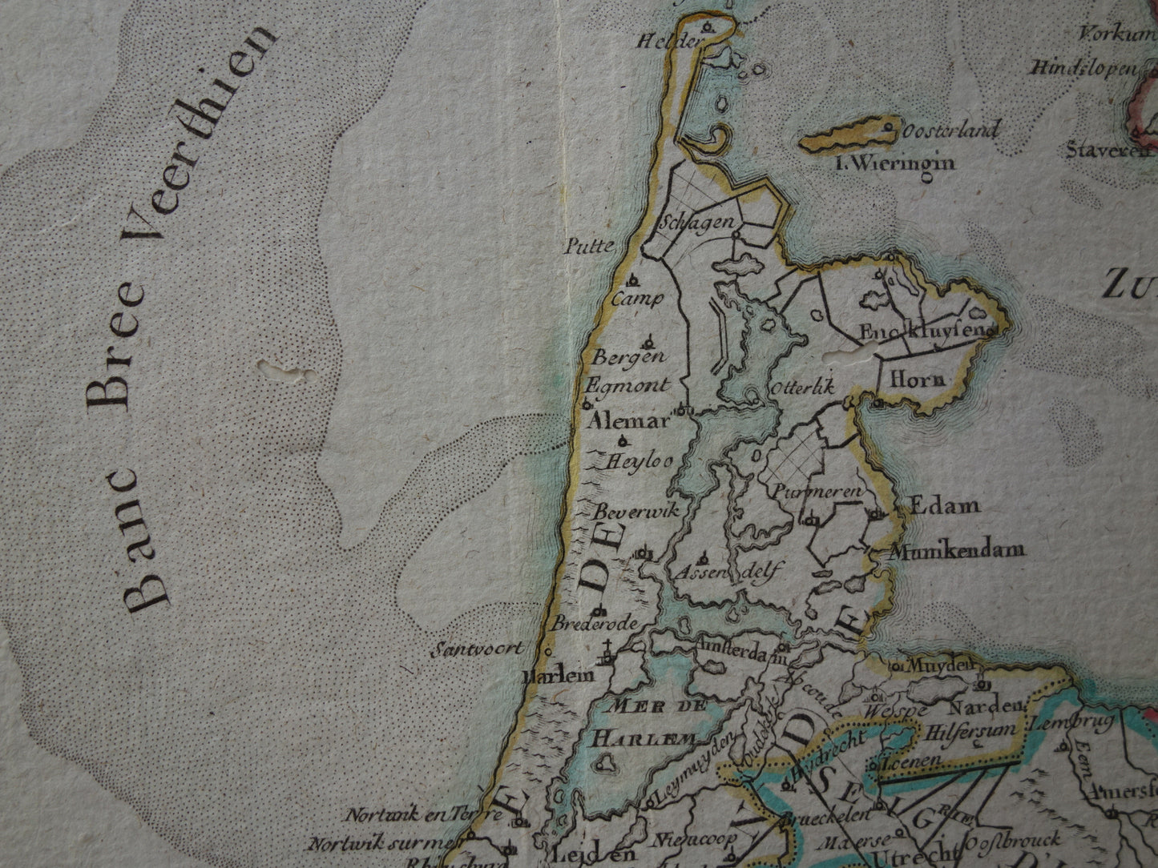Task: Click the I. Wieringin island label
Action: point(894,164)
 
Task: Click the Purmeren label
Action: point(816,492)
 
